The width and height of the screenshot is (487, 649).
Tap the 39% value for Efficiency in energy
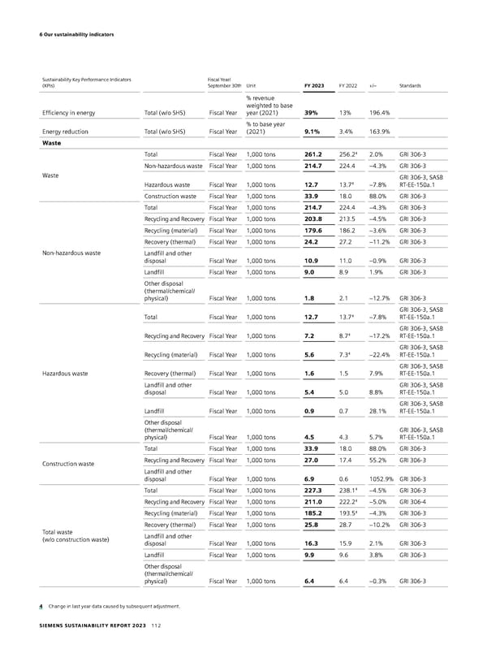point(310,113)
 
